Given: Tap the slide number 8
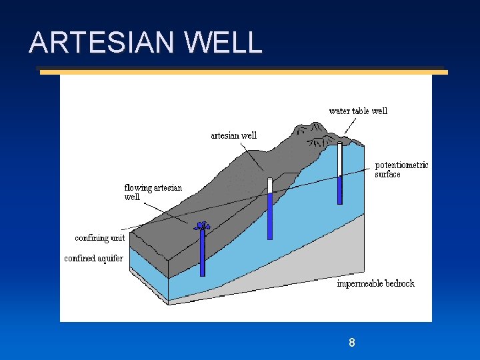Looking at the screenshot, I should tap(351, 343).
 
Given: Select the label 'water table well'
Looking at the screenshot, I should tap(358, 111).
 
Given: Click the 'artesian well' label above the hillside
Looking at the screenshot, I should tap(233, 135).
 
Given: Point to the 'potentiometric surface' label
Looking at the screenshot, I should tap(401, 169).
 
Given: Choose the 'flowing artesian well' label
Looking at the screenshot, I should tap(153, 192).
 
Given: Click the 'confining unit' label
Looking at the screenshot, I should tap(99, 238).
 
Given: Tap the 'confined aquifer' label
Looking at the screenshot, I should tap(93, 258).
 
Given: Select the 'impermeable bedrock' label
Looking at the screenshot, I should tap(375, 283).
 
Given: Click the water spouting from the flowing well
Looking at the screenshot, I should tap(202, 226).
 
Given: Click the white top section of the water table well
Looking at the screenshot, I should tap(339, 159).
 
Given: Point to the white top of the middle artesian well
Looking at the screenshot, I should tap(270, 185).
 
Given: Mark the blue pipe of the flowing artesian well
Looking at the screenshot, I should tap(202, 253).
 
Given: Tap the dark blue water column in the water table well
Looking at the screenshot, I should tap(339, 190).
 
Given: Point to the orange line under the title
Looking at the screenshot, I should tap(243, 72).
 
